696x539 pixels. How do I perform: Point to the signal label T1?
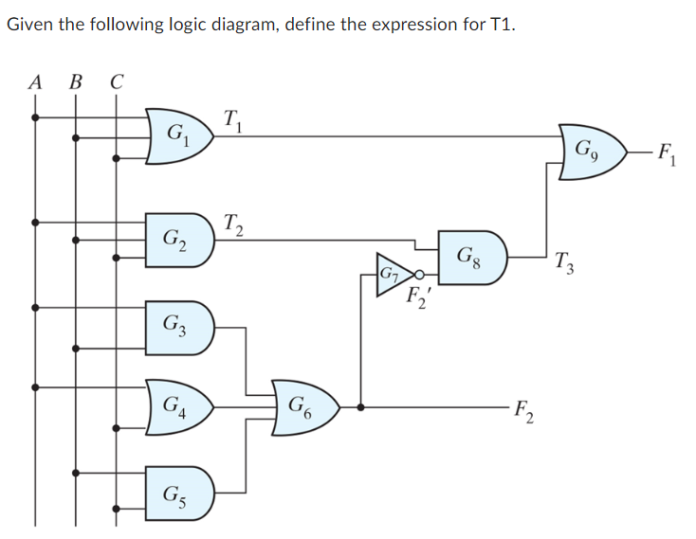[232, 120]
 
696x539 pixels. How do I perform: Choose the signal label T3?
[565, 262]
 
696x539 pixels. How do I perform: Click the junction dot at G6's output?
[359, 409]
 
